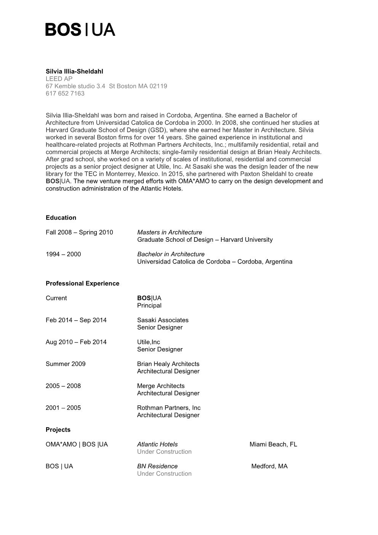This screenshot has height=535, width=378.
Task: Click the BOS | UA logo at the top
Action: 80,29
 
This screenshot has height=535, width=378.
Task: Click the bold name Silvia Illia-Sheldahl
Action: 74,71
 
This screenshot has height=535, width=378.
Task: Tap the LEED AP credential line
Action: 59,79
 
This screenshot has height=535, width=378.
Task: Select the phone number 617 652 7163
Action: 65,93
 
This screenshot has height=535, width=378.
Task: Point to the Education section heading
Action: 61,218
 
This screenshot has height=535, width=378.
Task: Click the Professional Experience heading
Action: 82,283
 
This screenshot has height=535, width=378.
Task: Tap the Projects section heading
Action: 58,430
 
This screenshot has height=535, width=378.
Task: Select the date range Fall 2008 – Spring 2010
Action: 79,232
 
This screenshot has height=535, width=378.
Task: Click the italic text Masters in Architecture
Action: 170,232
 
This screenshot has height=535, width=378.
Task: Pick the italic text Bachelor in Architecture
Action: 171,254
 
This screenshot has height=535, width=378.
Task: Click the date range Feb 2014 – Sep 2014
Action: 76,320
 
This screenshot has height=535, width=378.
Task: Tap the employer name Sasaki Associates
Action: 163,320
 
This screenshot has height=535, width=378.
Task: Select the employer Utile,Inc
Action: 149,342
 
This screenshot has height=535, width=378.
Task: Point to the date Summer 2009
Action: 66,364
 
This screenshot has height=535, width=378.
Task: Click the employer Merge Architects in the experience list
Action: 161,386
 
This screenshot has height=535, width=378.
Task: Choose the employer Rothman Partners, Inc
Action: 169,408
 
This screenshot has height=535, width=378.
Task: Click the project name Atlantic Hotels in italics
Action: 157,444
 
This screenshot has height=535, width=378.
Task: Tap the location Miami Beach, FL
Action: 273,444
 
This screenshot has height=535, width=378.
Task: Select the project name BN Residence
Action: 157,466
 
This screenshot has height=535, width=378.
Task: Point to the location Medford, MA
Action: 269,466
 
